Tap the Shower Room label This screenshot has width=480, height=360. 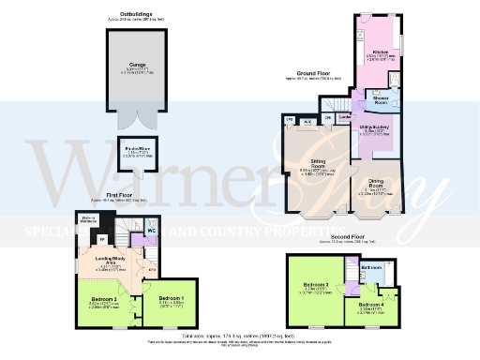(x=381, y=98)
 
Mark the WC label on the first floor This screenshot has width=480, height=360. (x=152, y=230)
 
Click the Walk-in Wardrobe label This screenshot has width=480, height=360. (x=89, y=220)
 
